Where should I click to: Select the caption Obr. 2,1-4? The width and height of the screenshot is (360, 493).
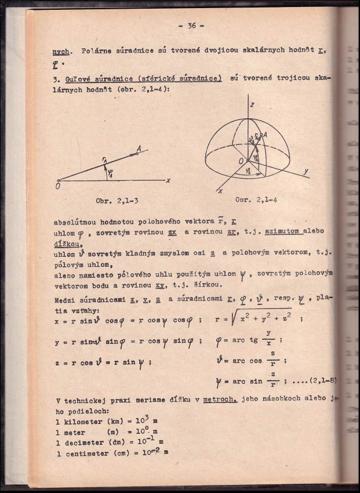(x=256, y=200)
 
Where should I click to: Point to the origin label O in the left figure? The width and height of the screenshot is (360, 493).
(x=57, y=186)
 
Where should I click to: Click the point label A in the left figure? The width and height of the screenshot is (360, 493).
(x=139, y=149)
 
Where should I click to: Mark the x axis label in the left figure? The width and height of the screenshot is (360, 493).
(x=168, y=180)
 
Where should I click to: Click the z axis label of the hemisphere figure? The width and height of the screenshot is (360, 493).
(x=252, y=104)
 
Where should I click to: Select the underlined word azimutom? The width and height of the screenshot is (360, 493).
(x=283, y=231)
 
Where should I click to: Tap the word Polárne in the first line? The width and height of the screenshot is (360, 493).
(x=99, y=50)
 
